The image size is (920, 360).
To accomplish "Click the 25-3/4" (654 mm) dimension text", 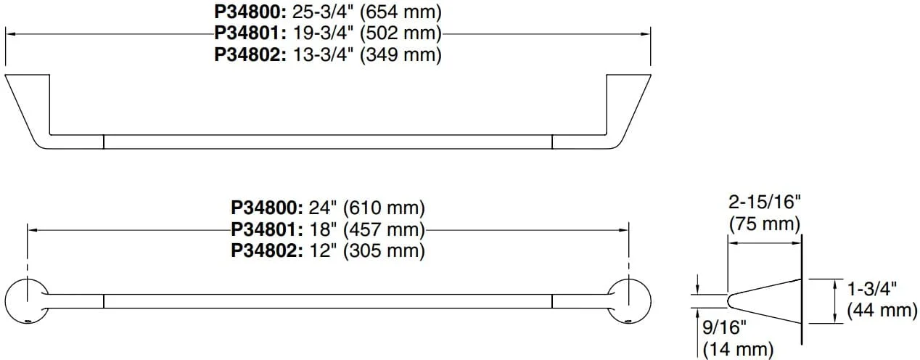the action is (367, 12).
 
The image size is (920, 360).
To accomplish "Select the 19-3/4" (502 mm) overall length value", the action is (367, 33).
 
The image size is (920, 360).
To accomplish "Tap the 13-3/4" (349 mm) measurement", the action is (367, 54).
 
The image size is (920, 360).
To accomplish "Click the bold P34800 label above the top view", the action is (250, 12).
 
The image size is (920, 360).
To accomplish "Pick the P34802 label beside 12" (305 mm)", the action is (266, 250).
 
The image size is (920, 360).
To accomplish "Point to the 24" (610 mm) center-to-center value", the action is (367, 208).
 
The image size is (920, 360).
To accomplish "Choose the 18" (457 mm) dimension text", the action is (367, 229).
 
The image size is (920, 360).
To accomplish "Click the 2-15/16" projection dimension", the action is (765, 202).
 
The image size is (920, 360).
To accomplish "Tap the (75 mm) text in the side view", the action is (765, 224).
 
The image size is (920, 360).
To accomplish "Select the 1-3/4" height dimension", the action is (872, 289).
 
